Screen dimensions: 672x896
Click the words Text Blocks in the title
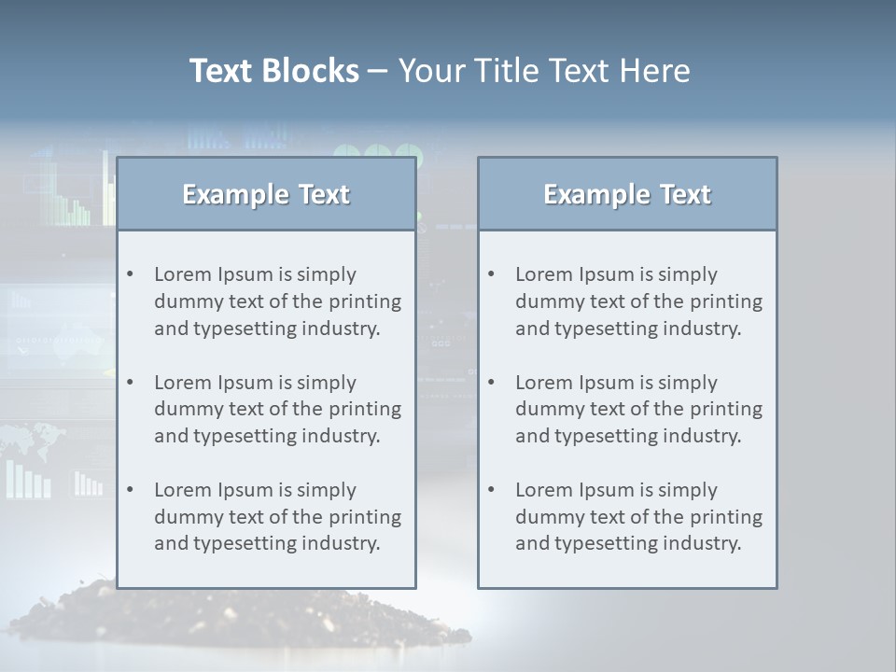pos(273,71)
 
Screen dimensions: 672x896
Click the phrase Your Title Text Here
pos(544,71)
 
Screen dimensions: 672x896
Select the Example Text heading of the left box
pos(266,194)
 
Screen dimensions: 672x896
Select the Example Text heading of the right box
pos(627,194)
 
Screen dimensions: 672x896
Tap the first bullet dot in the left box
pos(131,274)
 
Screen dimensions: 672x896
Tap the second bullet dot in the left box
pos(131,383)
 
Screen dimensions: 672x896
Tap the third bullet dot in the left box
pos(131,490)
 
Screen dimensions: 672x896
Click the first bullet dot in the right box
pos(492,274)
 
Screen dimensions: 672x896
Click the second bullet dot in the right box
pos(492,383)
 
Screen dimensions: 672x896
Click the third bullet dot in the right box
pos(492,490)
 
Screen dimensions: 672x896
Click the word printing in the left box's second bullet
pos(365,409)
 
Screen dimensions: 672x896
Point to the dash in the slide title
pos(378,71)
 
